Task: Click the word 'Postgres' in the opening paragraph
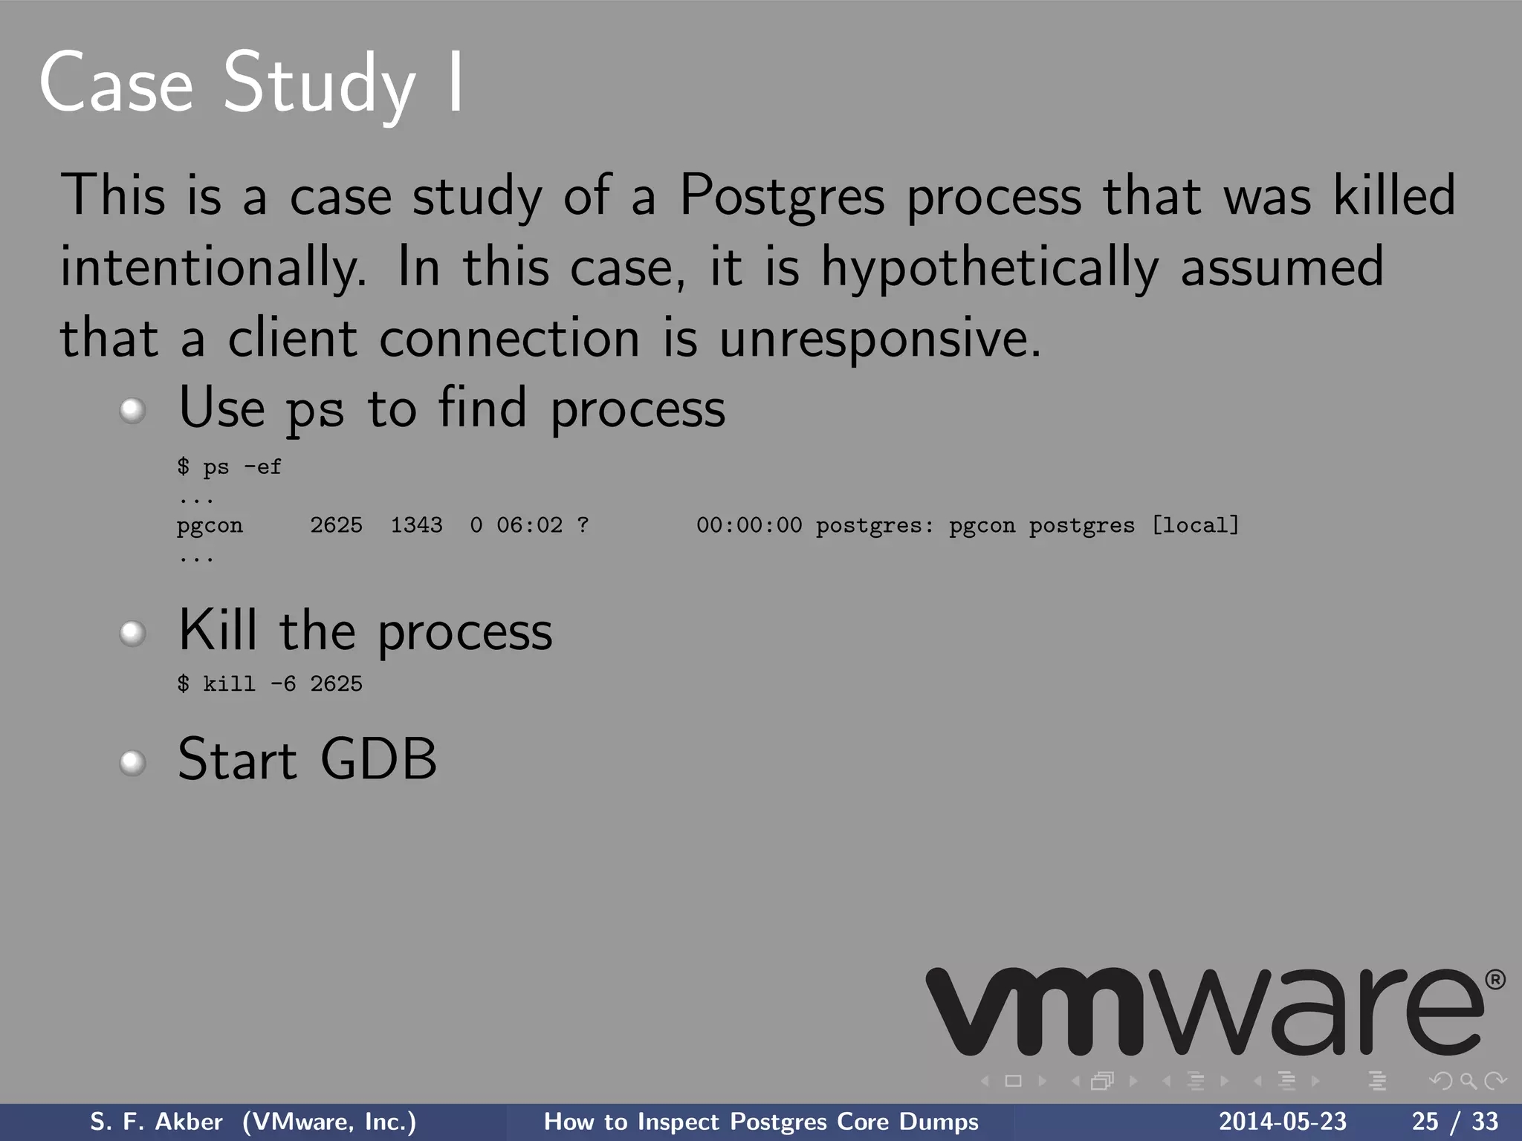coord(782,195)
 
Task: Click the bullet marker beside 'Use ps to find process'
coord(132,410)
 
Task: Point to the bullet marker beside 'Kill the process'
coord(132,633)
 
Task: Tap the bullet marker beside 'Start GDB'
coord(132,762)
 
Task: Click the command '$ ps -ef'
coord(229,467)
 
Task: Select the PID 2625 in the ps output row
coord(336,525)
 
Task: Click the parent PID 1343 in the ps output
coord(416,525)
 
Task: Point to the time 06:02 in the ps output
coord(529,525)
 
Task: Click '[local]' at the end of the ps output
coord(1195,525)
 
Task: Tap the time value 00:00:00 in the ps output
coord(749,525)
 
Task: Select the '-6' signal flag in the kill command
coord(282,683)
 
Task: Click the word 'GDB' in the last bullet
coord(378,759)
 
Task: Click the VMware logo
coord(1204,1012)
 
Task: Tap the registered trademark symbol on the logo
coord(1495,980)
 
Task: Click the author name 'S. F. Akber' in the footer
coord(156,1122)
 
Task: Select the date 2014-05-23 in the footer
coord(1283,1122)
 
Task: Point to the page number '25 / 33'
coord(1455,1122)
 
